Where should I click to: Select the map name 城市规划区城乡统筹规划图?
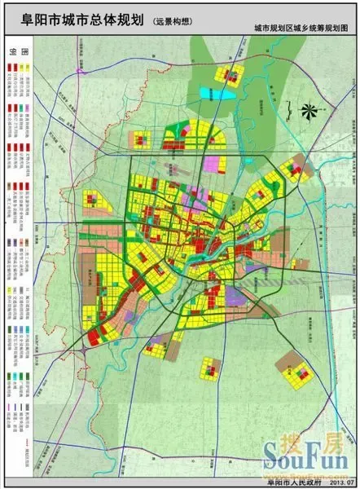coord(301,29)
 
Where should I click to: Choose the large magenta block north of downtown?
coord(215,162)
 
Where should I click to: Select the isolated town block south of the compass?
coord(292,170)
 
